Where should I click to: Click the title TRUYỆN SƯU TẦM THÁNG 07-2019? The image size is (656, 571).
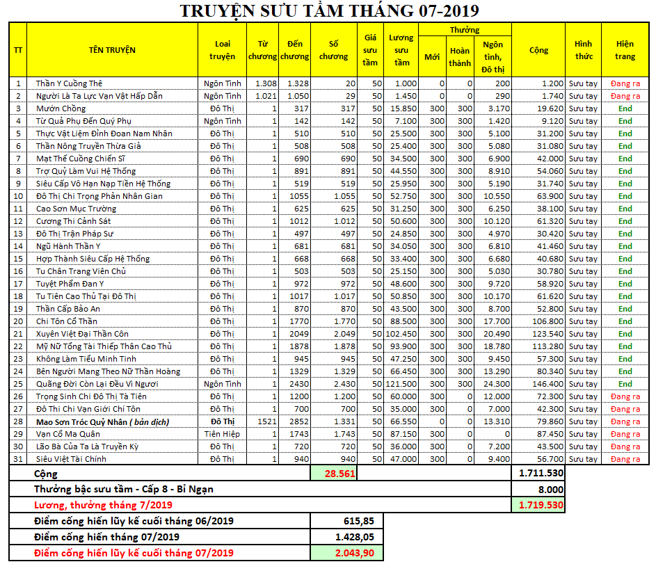point(329,11)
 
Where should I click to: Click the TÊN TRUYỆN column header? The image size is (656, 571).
point(112,49)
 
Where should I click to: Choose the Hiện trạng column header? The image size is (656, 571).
point(625,49)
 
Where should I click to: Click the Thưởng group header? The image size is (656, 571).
point(464,30)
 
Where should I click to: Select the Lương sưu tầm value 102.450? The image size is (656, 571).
point(401,334)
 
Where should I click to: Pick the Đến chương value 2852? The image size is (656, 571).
point(298,421)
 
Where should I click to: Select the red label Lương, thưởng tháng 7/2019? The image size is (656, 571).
point(104,505)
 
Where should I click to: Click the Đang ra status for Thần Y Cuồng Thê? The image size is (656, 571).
point(625,83)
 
